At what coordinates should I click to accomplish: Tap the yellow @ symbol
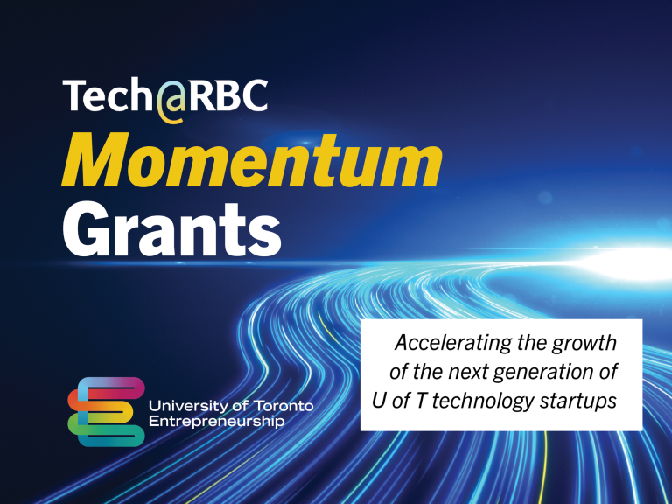tap(172, 99)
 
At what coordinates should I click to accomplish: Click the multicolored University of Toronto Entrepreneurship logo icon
tap(106, 411)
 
